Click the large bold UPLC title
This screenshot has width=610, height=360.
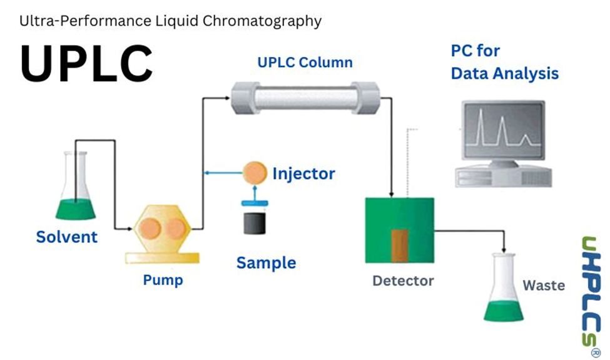pos(86,63)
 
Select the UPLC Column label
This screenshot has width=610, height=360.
pos(305,63)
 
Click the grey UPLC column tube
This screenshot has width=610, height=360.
pos(305,98)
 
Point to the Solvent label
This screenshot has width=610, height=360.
pos(67,237)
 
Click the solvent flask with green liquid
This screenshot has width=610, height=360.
pos(74,194)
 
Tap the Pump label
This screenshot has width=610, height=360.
pos(163,279)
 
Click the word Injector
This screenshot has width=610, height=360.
pos(303,173)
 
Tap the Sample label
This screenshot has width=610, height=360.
pos(266,263)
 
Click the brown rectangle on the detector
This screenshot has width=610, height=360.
pos(399,245)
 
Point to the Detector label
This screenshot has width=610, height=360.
pos(403,280)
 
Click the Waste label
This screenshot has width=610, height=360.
pos(544,285)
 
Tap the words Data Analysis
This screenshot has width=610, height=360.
pos(504,73)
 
